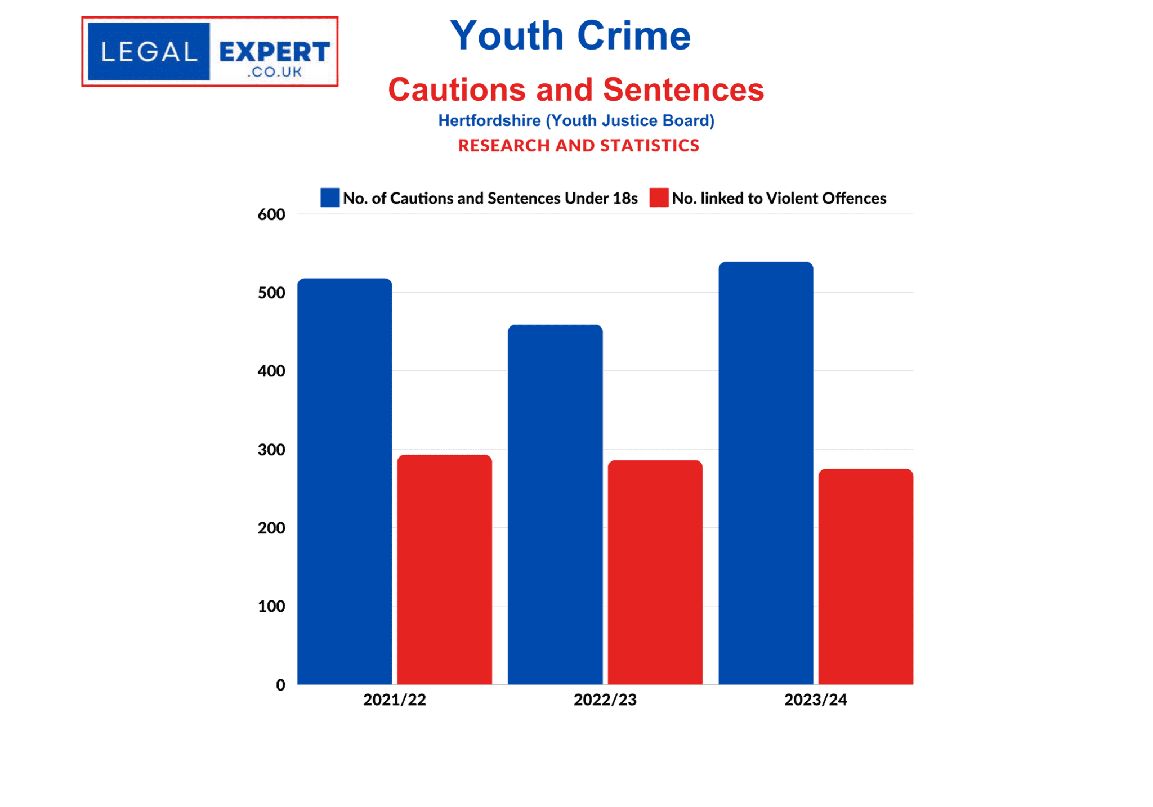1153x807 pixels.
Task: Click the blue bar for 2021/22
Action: click(345, 481)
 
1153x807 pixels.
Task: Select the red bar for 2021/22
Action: click(445, 570)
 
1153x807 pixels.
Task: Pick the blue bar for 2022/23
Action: click(555, 504)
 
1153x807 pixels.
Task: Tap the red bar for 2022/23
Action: click(655, 572)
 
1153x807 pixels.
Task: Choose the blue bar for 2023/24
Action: click(766, 473)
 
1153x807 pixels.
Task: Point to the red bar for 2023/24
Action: click(866, 576)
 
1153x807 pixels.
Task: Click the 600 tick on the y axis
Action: click(271, 214)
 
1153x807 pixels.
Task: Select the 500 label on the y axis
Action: click(271, 293)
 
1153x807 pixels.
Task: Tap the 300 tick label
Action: click(271, 450)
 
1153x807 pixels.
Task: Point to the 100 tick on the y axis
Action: click(271, 606)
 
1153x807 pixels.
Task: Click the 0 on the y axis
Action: click(280, 685)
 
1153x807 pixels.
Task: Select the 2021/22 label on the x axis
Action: click(395, 700)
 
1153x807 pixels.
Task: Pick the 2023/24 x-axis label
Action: click(816, 700)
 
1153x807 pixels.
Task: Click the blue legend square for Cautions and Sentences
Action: click(330, 198)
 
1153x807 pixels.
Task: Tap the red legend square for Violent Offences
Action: click(659, 198)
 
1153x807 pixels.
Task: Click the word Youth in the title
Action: click(507, 35)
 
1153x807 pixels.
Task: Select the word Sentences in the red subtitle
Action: click(683, 89)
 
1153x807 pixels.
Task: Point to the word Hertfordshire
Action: click(489, 120)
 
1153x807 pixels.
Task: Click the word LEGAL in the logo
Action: click(149, 52)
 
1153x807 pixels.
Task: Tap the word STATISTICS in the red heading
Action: click(650, 146)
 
